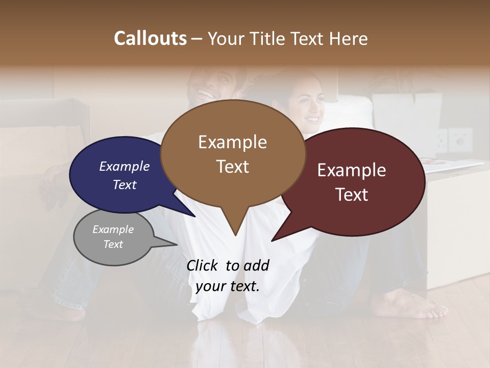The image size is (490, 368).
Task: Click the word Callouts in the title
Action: click(x=150, y=38)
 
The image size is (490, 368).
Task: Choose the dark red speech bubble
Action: click(x=388, y=215)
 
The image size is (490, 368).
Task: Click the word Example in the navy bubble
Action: click(x=124, y=167)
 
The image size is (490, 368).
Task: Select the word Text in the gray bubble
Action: click(x=113, y=244)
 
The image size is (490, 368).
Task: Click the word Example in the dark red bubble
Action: click(x=352, y=170)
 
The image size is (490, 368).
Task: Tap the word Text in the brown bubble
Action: click(x=233, y=167)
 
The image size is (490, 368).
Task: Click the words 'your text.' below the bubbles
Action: click(x=228, y=286)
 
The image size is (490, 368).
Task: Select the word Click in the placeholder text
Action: click(x=202, y=265)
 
